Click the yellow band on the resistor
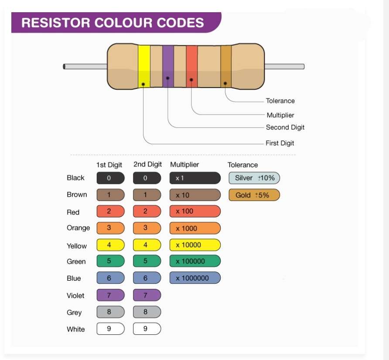click(144, 66)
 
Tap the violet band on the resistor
click(168, 66)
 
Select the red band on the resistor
click(192, 66)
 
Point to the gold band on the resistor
click(226, 66)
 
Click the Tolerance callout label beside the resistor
click(280, 101)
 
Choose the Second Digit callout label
click(285, 127)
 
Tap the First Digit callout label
click(280, 143)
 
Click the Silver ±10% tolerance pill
click(254, 178)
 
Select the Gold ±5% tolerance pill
click(254, 195)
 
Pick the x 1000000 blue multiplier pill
click(195, 278)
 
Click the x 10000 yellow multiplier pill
click(195, 245)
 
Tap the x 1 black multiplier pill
click(195, 178)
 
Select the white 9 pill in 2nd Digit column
click(147, 329)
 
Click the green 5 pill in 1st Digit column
click(111, 261)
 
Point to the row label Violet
click(75, 295)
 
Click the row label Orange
click(78, 228)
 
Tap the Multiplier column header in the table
click(184, 165)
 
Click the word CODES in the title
click(181, 23)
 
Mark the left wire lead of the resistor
click(85, 66)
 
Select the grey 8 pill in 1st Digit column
click(111, 312)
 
